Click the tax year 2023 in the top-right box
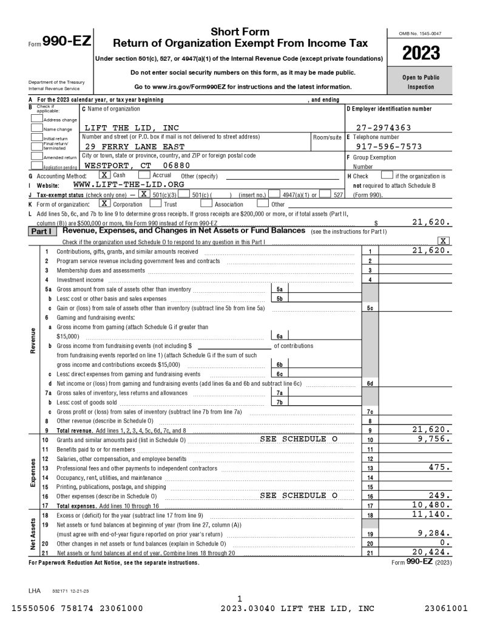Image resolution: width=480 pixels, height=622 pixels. [421, 53]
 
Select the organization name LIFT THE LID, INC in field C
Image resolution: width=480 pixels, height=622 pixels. [132, 128]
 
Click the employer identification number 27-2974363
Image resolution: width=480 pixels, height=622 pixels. [384, 128]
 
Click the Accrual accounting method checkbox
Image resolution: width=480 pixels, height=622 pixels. [146, 175]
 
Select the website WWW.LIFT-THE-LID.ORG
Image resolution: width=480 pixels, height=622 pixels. [128, 184]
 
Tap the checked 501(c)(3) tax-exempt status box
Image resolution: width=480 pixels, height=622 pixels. [144, 194]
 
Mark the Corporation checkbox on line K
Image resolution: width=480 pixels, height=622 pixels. [104, 203]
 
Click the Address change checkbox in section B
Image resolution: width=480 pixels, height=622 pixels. [36, 119]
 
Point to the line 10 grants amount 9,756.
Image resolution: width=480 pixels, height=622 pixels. [434, 439]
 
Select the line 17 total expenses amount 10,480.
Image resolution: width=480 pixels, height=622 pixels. [432, 505]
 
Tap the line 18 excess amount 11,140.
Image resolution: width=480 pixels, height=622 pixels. [432, 514]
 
